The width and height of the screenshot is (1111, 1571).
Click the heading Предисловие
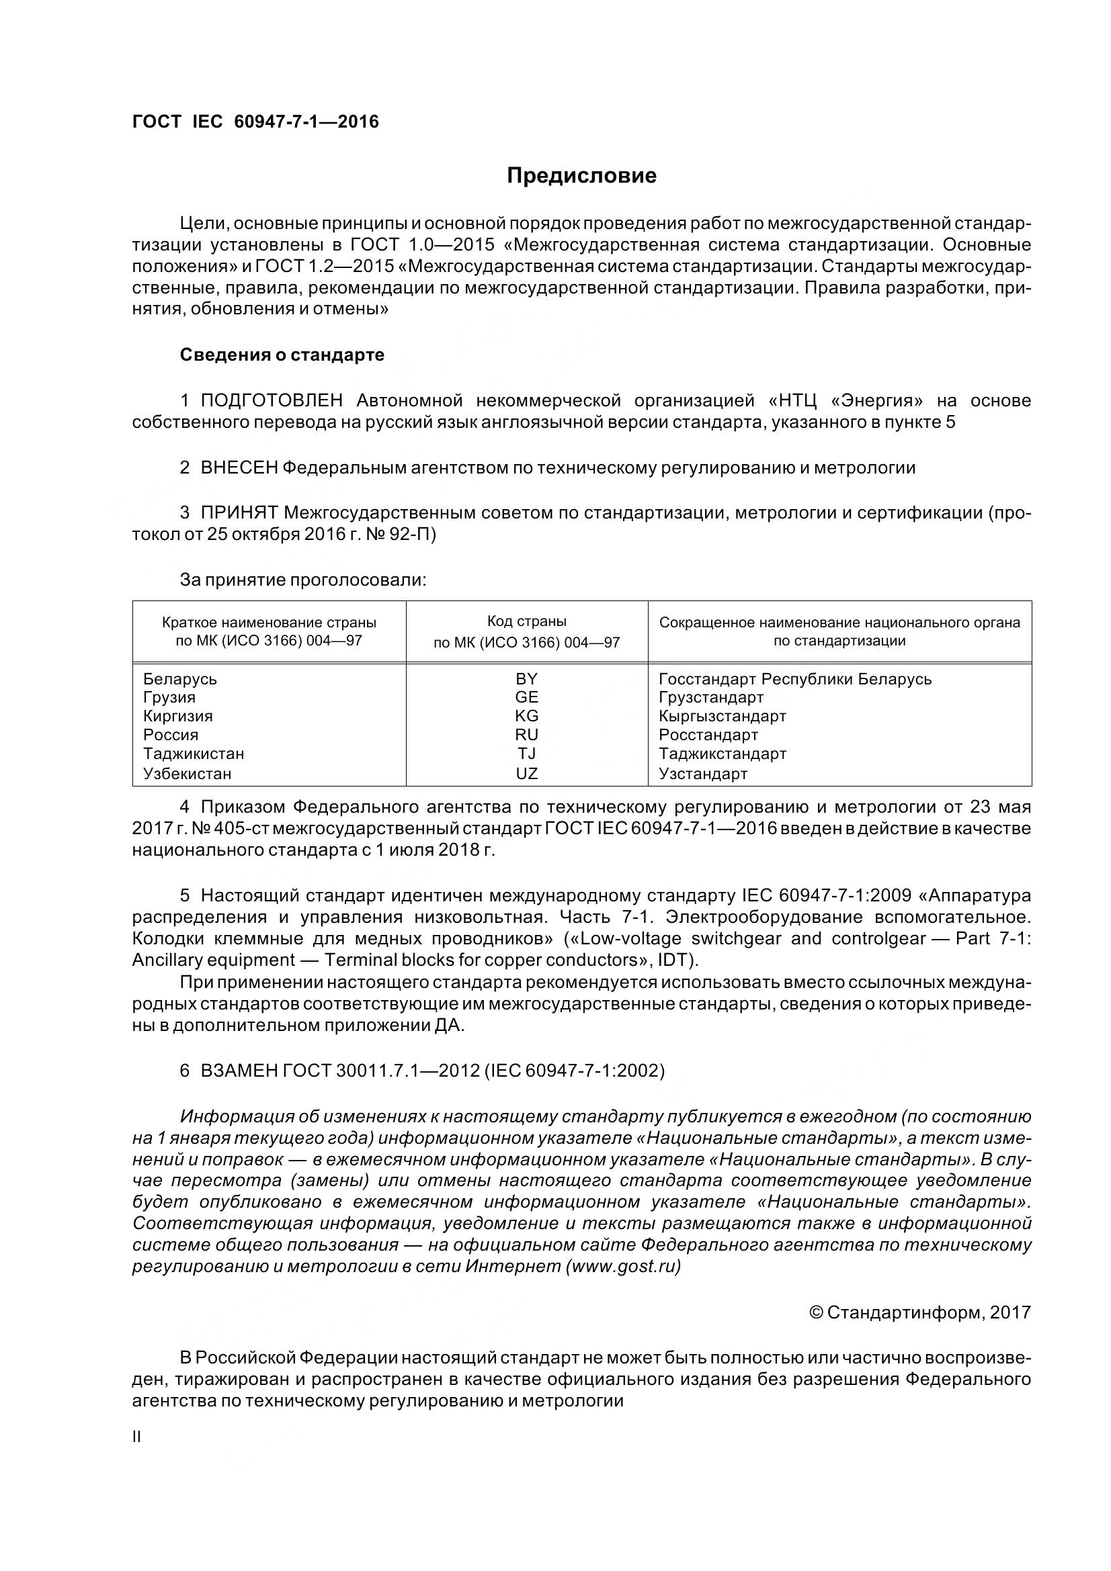tap(581, 176)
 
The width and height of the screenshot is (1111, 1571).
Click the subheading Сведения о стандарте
tap(282, 355)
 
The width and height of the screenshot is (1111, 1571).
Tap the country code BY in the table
tap(526, 679)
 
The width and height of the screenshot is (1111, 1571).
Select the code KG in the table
tap(526, 716)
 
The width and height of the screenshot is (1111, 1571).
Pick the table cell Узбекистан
tap(188, 774)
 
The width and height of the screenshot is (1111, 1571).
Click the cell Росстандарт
tap(708, 735)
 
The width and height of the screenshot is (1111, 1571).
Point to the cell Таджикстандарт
tap(723, 754)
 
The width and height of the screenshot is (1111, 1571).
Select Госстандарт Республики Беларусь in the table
tap(794, 679)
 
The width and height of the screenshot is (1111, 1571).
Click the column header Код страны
tap(526, 621)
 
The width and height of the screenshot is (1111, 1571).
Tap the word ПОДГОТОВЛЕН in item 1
tap(272, 400)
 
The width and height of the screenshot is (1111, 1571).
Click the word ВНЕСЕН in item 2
tap(239, 468)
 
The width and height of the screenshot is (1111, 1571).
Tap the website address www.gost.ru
tap(623, 1267)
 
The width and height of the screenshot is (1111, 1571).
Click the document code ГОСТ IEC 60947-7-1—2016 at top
tap(255, 122)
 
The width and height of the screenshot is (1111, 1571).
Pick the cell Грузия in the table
tap(169, 697)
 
